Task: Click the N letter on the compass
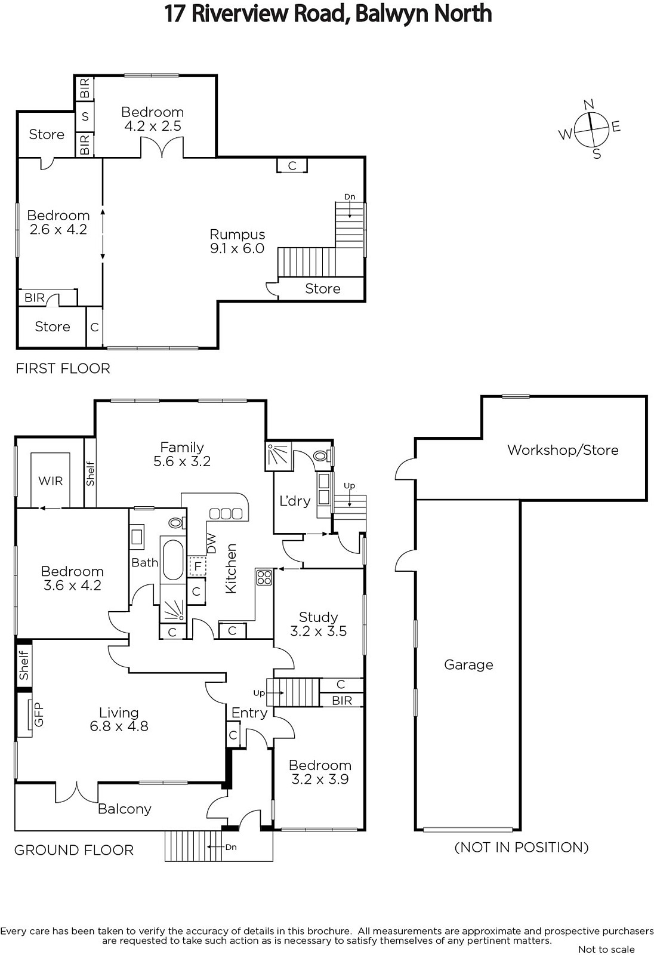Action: pyautogui.click(x=588, y=104)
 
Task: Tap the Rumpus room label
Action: pyautogui.click(x=237, y=235)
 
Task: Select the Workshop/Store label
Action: pyautogui.click(x=563, y=450)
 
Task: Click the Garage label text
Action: pyautogui.click(x=468, y=665)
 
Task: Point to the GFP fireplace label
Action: pyautogui.click(x=39, y=714)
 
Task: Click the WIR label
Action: pyautogui.click(x=50, y=481)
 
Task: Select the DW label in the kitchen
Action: pyautogui.click(x=212, y=544)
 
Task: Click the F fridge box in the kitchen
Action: pyautogui.click(x=198, y=566)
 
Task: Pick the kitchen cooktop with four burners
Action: pyautogui.click(x=264, y=577)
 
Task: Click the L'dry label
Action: pyautogui.click(x=295, y=501)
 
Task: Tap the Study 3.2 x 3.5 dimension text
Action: pyautogui.click(x=319, y=631)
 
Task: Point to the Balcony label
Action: pyautogui.click(x=125, y=809)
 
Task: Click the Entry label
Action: pyautogui.click(x=249, y=713)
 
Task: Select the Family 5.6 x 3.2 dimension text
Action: pyautogui.click(x=182, y=461)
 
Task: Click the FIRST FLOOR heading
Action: pyautogui.click(x=63, y=368)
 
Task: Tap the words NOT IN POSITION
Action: pyautogui.click(x=522, y=847)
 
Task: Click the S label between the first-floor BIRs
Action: pyautogui.click(x=85, y=116)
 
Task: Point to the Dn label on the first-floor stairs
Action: pyautogui.click(x=350, y=196)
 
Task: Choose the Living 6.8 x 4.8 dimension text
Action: pyautogui.click(x=119, y=726)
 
